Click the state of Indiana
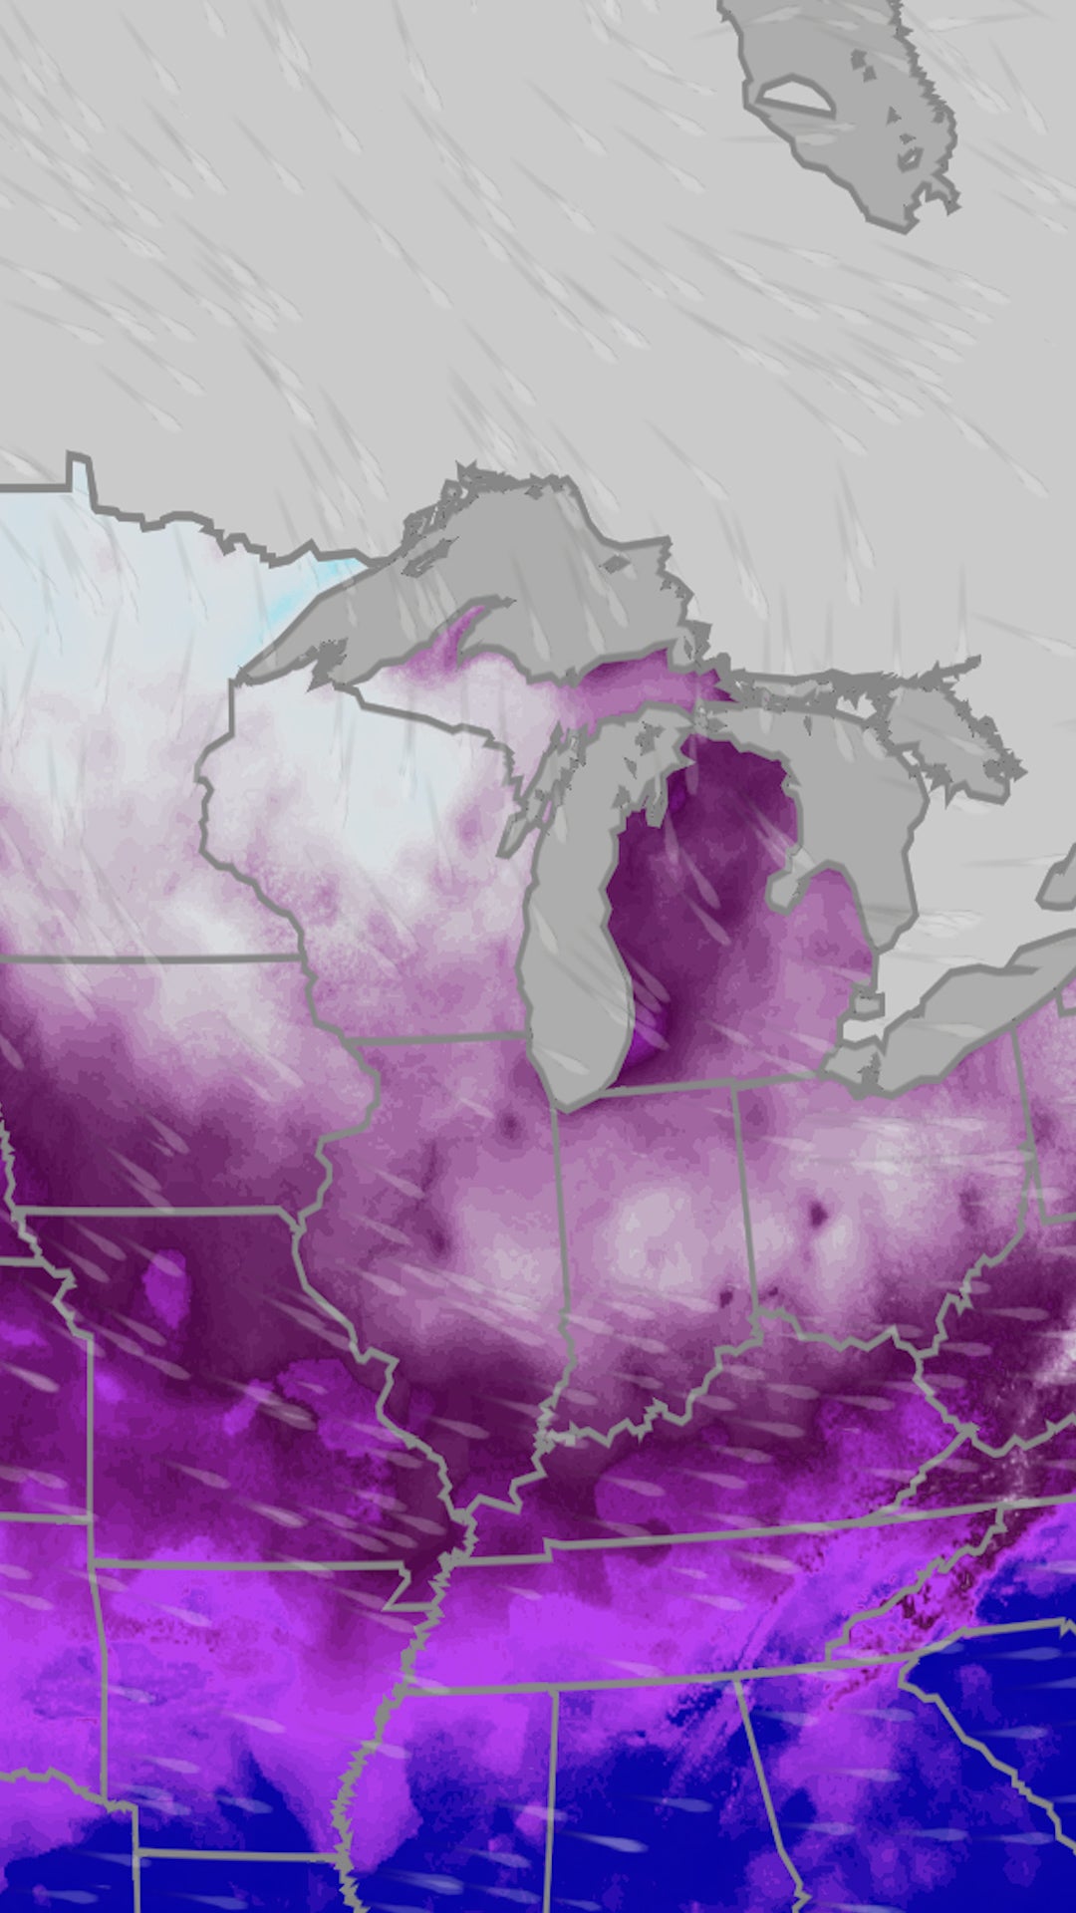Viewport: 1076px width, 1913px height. [648, 1245]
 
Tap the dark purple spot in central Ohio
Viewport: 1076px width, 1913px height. [819, 1213]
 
